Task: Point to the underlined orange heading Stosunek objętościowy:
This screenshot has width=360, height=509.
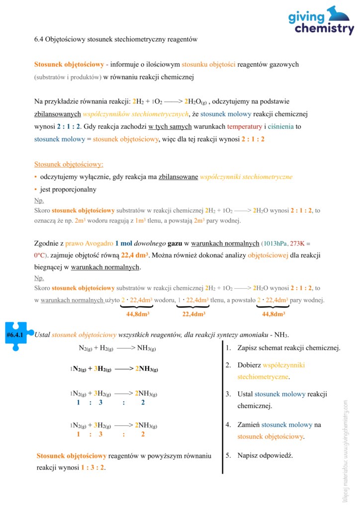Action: (69, 164)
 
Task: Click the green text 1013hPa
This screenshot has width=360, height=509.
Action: (275, 244)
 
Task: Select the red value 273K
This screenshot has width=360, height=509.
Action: (297, 244)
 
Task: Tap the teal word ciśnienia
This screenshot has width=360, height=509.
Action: (281, 127)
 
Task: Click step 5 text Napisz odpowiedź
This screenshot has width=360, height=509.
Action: (265, 455)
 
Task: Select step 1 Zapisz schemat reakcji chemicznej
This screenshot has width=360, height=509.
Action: (289, 348)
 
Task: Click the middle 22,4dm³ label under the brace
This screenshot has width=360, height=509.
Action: (194, 314)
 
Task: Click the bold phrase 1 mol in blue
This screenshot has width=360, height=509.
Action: (124, 244)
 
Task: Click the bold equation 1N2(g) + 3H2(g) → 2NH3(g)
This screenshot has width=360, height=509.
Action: (113, 369)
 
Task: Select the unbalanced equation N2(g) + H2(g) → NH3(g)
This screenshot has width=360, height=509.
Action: (117, 348)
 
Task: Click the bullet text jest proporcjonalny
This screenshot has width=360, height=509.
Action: (68, 189)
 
